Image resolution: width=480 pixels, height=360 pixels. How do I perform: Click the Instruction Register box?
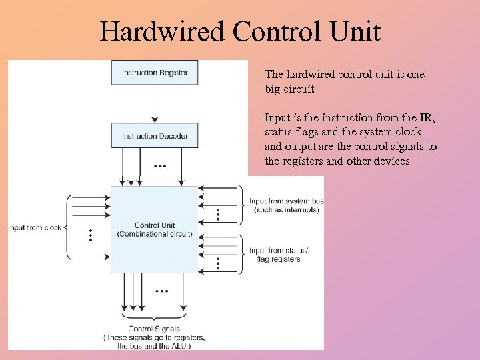155,72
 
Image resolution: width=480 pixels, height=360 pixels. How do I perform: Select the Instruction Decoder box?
155,136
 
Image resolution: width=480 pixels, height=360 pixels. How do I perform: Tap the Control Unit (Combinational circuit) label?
155,229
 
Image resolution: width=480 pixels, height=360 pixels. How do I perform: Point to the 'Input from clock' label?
35,228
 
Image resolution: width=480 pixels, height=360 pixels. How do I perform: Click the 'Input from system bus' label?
286,201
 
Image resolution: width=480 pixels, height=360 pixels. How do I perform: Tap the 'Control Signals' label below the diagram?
154,329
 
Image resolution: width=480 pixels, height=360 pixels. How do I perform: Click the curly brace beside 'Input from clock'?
67,227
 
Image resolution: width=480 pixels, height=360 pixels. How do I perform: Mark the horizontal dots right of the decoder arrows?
161,165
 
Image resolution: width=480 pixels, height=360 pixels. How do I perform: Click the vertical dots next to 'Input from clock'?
91,235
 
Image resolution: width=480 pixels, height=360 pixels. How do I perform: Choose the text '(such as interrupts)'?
287,210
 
